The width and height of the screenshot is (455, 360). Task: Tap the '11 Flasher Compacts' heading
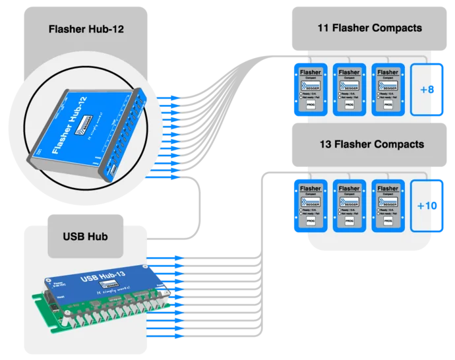point(371,28)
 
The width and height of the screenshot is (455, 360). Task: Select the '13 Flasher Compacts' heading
point(371,144)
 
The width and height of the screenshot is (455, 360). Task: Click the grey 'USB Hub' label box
point(85,236)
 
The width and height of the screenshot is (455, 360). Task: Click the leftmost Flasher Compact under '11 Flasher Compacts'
point(311,92)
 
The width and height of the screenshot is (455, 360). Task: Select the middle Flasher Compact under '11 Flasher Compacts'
point(349,92)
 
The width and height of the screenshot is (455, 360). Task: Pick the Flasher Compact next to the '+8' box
point(388,92)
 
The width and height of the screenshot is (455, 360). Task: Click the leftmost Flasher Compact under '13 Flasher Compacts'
point(311,207)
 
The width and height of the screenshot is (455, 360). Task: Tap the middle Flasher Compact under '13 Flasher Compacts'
point(349,207)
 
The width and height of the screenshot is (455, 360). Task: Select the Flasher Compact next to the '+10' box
point(388,207)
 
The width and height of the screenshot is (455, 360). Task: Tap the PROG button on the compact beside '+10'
point(388,221)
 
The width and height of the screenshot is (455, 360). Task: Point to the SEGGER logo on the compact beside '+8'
point(388,85)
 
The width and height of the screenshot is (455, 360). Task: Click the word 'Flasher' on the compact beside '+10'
point(388,188)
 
